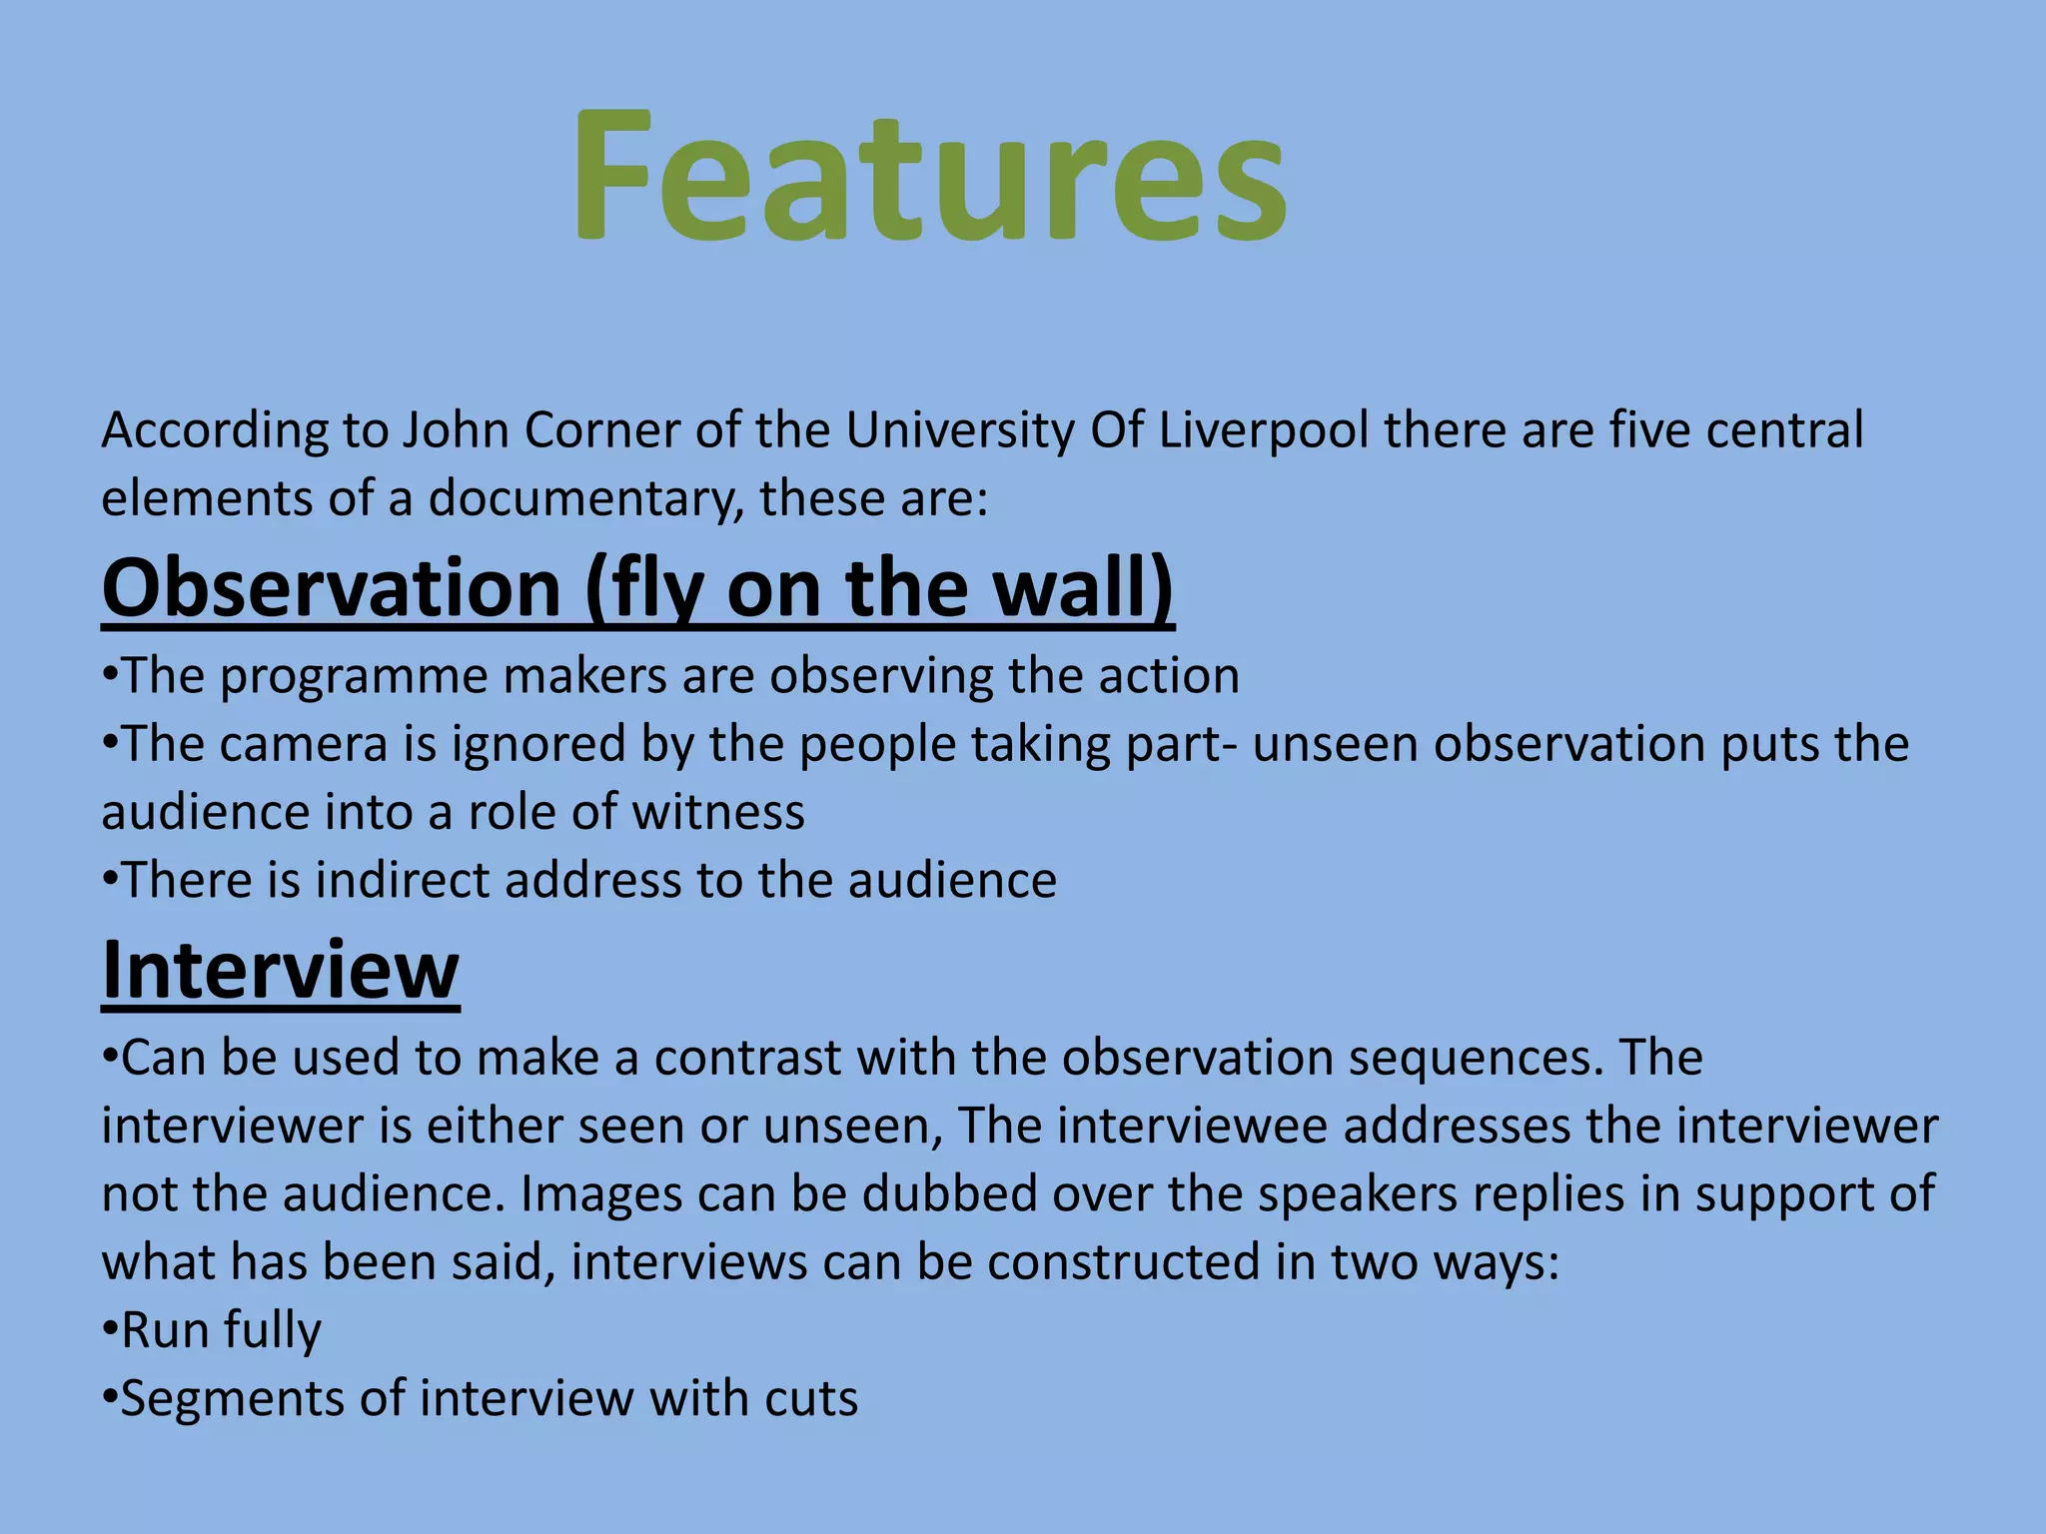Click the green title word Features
(929, 178)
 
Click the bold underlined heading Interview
(281, 970)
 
